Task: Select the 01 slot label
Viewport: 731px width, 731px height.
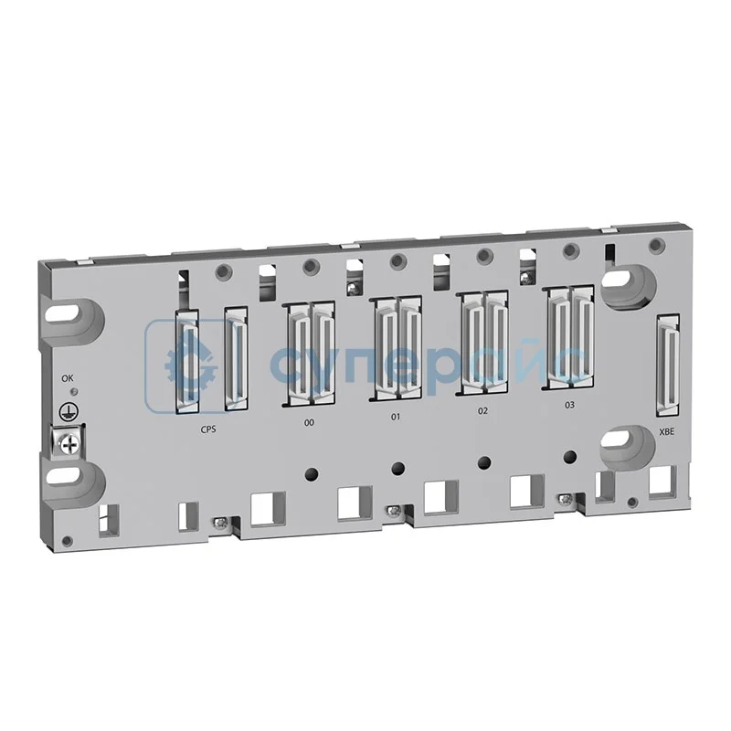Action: point(396,417)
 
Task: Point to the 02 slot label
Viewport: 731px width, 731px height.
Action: point(482,411)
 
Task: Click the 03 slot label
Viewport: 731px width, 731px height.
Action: point(569,404)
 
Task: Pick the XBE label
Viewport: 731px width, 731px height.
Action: point(666,430)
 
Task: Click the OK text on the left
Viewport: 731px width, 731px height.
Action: point(67,377)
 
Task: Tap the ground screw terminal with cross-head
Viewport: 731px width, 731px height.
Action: point(69,442)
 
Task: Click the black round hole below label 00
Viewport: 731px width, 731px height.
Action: point(312,474)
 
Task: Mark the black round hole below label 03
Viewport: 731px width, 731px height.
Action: point(570,457)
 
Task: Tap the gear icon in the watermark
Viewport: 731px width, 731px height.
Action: point(188,363)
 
